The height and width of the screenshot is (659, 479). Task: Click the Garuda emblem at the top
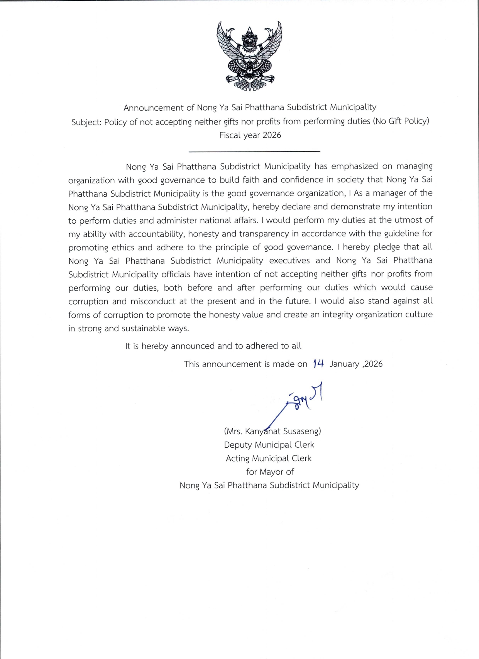(249, 56)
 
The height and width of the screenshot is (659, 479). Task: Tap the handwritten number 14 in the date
(318, 364)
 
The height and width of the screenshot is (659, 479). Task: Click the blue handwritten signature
(301, 401)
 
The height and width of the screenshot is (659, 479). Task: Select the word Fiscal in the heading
(229, 135)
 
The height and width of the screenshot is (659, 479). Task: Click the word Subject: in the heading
(86, 122)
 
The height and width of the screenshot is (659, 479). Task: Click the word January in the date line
(344, 364)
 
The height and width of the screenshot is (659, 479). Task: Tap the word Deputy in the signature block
(237, 445)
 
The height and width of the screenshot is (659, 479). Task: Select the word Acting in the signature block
(237, 458)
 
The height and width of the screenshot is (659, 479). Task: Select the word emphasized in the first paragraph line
(355, 166)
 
